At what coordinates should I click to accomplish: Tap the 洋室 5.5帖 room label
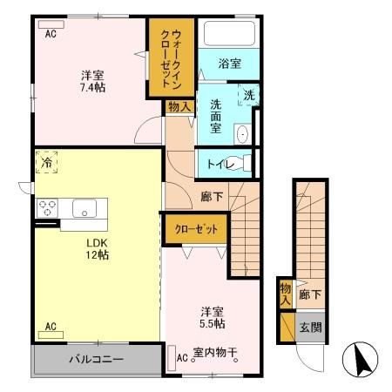[x=213, y=317]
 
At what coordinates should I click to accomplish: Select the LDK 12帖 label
[x=95, y=247]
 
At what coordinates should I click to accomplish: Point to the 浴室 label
[x=229, y=64]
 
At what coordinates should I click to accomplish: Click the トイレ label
[x=219, y=162]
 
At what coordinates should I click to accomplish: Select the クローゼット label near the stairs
[x=196, y=229]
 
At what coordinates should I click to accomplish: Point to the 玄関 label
[x=311, y=328]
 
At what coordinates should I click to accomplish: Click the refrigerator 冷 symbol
[x=44, y=163]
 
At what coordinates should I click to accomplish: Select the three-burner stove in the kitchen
[x=47, y=209]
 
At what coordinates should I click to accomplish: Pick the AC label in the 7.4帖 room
[x=51, y=33]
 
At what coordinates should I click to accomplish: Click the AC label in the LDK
[x=51, y=328]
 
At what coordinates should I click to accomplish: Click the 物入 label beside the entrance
[x=285, y=294]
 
